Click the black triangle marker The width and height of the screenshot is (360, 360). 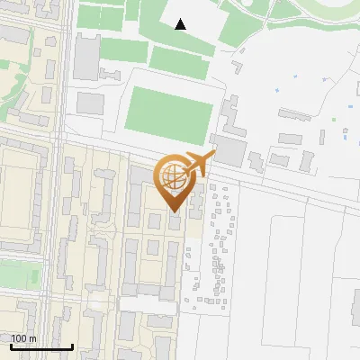[181, 24]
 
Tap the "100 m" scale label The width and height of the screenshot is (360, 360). [24, 338]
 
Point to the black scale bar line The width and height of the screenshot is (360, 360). [41, 346]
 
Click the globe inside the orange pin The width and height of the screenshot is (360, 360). [171, 177]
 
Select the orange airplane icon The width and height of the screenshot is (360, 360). [197, 165]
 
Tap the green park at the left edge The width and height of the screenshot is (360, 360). [18, 274]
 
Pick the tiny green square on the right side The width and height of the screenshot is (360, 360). [334, 119]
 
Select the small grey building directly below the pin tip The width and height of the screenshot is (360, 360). [174, 221]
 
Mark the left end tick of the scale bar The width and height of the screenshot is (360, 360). [11, 346]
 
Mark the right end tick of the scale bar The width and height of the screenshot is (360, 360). [72, 346]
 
